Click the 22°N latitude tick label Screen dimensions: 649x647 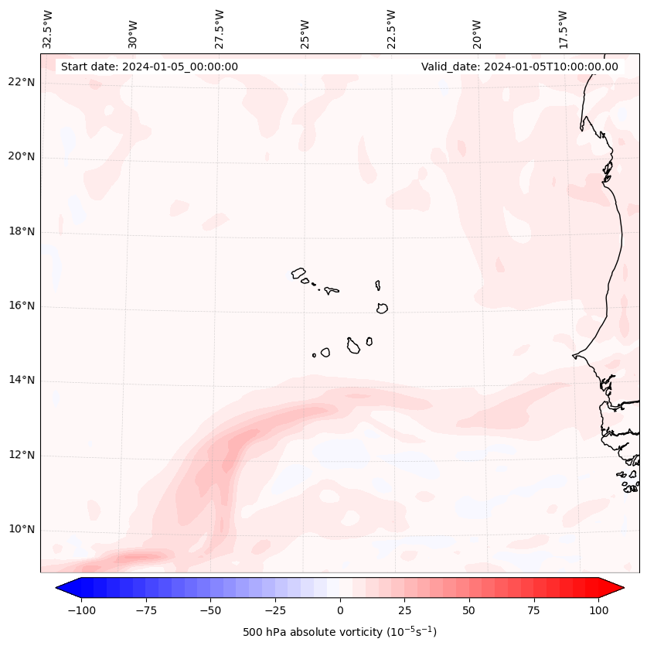22,82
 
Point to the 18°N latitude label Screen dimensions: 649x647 22,231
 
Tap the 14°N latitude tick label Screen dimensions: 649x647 22,380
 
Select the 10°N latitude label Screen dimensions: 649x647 22,529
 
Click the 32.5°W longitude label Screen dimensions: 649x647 48,29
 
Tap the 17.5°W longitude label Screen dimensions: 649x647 563,29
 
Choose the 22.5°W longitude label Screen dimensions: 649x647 391,29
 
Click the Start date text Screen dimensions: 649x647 149,67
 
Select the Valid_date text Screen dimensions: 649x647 519,67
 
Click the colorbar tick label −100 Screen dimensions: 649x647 81,610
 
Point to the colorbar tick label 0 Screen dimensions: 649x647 340,610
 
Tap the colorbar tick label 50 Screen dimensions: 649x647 469,610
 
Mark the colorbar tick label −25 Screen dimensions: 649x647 275,610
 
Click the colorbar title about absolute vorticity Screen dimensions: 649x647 339,632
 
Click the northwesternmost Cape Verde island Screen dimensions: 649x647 298,273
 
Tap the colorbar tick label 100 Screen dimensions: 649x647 598,610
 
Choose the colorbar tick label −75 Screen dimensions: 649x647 146,610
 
